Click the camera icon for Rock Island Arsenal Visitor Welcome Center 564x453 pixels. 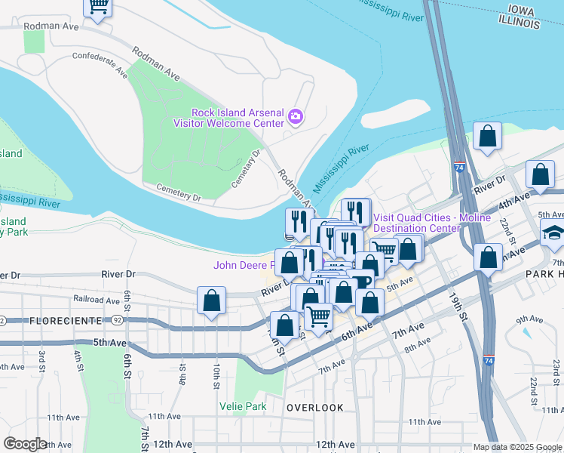point(296,117)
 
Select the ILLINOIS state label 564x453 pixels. point(520,24)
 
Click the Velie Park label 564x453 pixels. point(243,405)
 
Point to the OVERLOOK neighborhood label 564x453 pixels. point(315,408)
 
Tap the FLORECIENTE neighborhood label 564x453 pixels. point(66,321)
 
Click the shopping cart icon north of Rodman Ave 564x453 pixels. point(98,7)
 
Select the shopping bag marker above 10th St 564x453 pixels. point(212,300)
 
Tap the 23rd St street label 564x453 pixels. point(556,373)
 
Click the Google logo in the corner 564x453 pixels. point(25,444)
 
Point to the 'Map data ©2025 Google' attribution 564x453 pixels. point(517,448)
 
